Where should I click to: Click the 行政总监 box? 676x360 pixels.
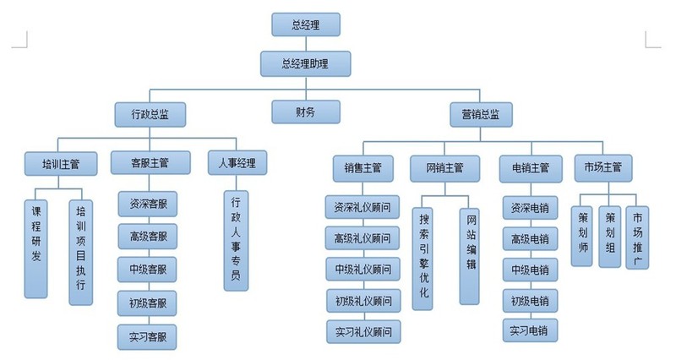(x=149, y=113)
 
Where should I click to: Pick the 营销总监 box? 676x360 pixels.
(x=480, y=113)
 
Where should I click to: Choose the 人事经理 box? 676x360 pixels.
(x=237, y=163)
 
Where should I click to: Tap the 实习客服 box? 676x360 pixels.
(x=147, y=336)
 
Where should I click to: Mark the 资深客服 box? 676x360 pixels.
(x=147, y=204)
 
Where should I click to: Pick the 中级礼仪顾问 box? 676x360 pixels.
(x=363, y=270)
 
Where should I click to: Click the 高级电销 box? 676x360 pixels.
(x=530, y=239)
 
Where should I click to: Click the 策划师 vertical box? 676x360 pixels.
(x=581, y=234)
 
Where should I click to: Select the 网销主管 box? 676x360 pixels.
(x=438, y=167)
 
